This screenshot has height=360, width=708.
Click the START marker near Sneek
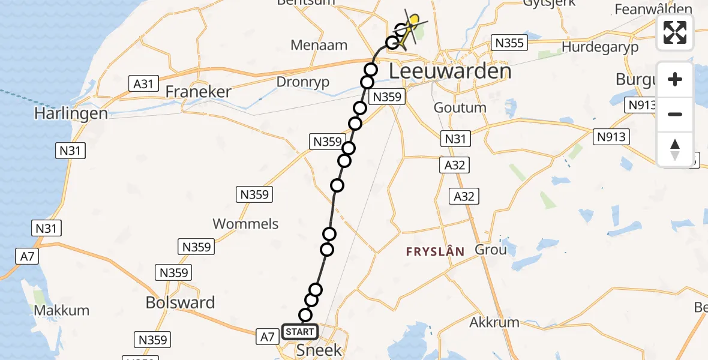(299, 332)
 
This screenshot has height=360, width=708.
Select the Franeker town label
(198, 92)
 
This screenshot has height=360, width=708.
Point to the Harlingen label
(71, 113)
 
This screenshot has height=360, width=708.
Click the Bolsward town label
(180, 302)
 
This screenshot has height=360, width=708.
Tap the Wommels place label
(245, 224)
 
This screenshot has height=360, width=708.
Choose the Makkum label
(62, 310)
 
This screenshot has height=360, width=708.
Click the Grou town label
(491, 250)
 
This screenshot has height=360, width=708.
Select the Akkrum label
(494, 322)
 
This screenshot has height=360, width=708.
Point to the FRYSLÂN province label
(435, 252)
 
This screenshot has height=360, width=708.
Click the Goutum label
(460, 108)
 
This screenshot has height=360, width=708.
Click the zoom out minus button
(675, 114)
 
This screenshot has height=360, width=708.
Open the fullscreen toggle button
(675, 32)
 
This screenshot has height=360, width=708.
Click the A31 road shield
(143, 83)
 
